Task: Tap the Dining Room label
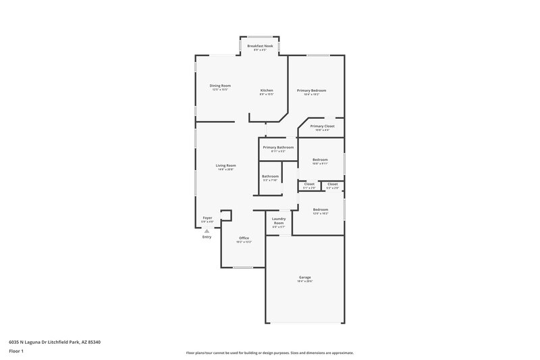pyautogui.click(x=220, y=86)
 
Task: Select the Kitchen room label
pyautogui.click(x=267, y=91)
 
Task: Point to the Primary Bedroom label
pyautogui.click(x=311, y=91)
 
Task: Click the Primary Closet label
pyautogui.click(x=322, y=126)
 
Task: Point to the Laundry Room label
pyautogui.click(x=278, y=221)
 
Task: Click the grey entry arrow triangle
pyautogui.click(x=207, y=230)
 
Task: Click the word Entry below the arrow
pyautogui.click(x=207, y=237)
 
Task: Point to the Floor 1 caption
pyautogui.click(x=17, y=352)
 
